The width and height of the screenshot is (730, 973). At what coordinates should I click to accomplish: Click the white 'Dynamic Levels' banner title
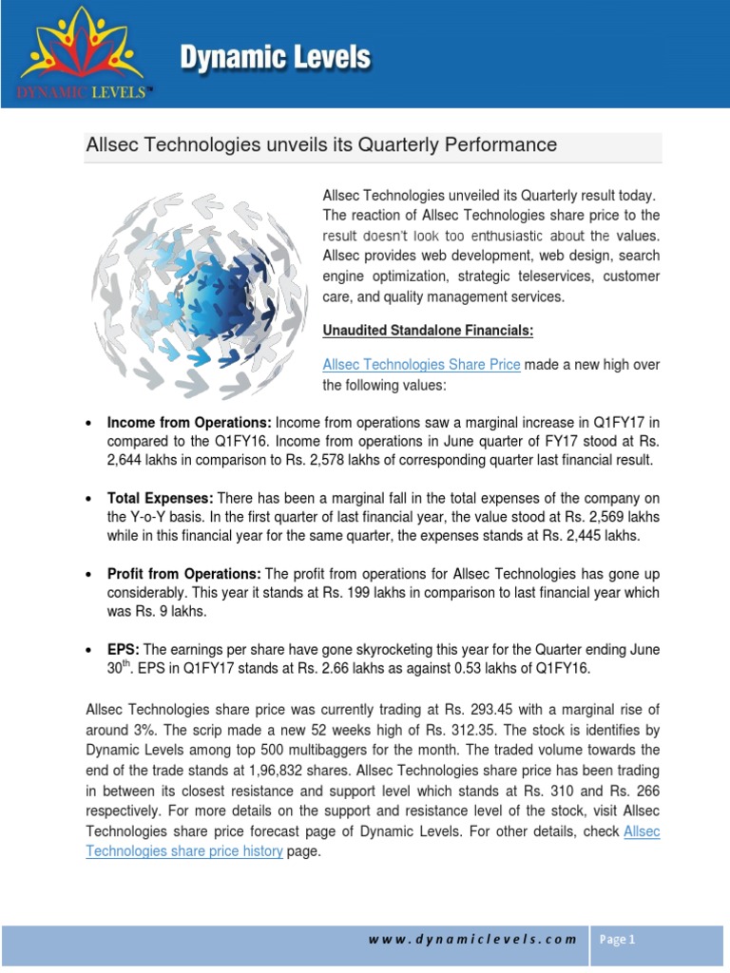[x=276, y=58]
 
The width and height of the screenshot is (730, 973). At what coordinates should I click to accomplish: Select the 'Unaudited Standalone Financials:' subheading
[x=428, y=331]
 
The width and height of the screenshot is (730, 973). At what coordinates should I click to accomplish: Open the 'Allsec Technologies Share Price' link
[x=421, y=365]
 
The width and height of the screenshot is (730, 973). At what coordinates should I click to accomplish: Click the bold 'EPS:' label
[x=124, y=648]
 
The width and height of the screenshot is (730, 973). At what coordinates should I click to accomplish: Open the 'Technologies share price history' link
[x=184, y=851]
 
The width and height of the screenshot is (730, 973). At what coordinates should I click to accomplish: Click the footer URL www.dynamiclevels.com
[x=472, y=940]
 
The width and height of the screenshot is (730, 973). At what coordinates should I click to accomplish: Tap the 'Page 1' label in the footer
[x=617, y=940]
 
